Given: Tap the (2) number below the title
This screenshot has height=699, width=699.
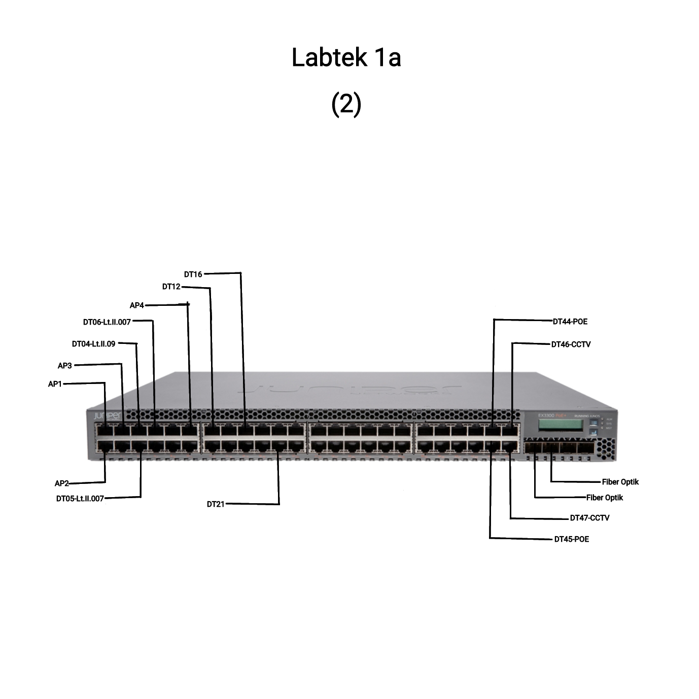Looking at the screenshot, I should [x=346, y=104].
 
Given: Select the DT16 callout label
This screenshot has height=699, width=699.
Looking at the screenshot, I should [x=193, y=274].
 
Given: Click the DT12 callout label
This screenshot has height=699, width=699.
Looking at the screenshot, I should [x=171, y=287].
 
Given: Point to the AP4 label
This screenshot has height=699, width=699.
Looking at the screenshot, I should [x=137, y=305].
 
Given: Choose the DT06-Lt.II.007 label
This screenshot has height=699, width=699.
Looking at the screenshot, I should [x=107, y=322].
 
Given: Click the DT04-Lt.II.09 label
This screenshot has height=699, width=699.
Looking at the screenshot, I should [x=93, y=344].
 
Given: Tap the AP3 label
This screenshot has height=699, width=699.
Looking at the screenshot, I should [x=65, y=366].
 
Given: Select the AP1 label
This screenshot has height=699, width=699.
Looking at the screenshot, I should [x=55, y=384].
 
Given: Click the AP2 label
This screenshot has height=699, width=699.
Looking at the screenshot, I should [x=61, y=483].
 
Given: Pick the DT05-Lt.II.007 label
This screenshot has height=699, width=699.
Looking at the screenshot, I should [x=80, y=499].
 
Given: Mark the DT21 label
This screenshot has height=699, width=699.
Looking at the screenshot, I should [x=216, y=504].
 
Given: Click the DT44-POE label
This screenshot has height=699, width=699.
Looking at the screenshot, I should [x=570, y=322].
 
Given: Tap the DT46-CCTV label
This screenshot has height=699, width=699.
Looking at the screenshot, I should [x=571, y=344].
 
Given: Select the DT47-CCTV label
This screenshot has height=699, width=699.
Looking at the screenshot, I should [x=589, y=518].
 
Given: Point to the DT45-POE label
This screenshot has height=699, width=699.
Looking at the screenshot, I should [x=572, y=539].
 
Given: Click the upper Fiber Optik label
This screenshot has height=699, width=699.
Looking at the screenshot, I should [x=620, y=482].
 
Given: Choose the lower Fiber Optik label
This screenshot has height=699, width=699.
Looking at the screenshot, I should [x=605, y=498].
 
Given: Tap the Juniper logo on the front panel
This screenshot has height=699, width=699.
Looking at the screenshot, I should [x=107, y=416].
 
